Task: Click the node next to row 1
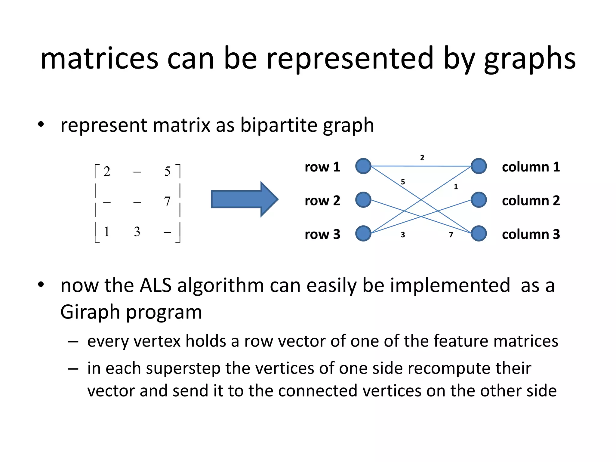tap(363, 166)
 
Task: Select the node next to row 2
tap(363, 200)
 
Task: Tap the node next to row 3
tap(363, 234)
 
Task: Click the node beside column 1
tap(479, 166)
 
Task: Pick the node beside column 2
tap(479, 200)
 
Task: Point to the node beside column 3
tap(479, 234)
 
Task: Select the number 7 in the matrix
tap(167, 202)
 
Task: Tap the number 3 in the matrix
tap(137, 232)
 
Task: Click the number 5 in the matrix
tap(167, 171)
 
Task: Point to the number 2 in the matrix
tap(107, 171)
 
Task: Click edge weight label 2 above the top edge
tap(422, 158)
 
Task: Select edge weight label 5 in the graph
tap(403, 182)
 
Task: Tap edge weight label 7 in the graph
tap(451, 235)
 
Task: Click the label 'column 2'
tap(531, 201)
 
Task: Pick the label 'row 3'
tap(322, 234)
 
